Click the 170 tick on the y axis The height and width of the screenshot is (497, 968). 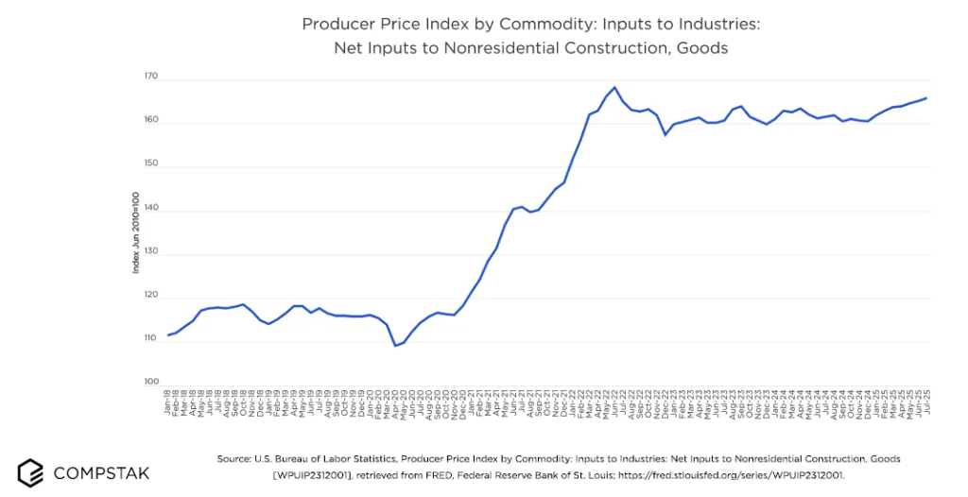150,77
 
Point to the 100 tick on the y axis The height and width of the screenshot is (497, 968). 150,383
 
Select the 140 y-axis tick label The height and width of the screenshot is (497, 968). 150,209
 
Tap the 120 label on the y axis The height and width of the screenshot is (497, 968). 150,296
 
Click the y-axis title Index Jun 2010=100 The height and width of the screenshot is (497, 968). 135,231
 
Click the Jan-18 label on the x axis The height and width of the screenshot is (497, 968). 168,402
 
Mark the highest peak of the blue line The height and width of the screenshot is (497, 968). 614,87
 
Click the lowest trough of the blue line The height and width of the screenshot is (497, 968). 395,345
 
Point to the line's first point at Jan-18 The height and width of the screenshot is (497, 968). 168,334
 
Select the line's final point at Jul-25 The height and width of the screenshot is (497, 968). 925,97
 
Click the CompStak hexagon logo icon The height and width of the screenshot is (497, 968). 30,471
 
